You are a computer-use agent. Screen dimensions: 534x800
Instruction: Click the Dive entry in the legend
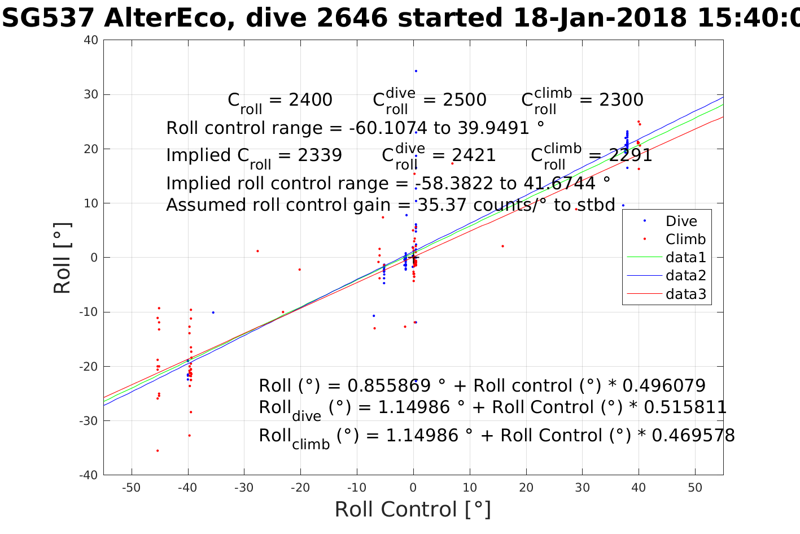click(681, 221)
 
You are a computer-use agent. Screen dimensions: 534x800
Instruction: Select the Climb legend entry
click(685, 239)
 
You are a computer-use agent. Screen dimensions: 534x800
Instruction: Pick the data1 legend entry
click(685, 258)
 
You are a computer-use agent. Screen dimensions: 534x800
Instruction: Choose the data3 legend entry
click(685, 294)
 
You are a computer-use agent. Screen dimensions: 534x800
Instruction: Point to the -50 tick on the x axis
click(131, 488)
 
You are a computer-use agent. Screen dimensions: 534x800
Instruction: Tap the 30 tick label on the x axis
click(582, 488)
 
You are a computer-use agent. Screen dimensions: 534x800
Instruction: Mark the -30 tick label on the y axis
click(89, 421)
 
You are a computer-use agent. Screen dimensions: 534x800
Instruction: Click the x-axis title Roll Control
click(413, 510)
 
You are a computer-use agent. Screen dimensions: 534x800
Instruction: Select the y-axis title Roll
click(62, 258)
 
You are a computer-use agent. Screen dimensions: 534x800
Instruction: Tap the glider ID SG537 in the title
click(47, 19)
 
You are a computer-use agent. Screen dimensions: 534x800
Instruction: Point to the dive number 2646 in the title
click(352, 19)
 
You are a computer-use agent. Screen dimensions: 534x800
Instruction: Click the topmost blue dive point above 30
click(416, 71)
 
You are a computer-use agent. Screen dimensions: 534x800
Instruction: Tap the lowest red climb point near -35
click(158, 450)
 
